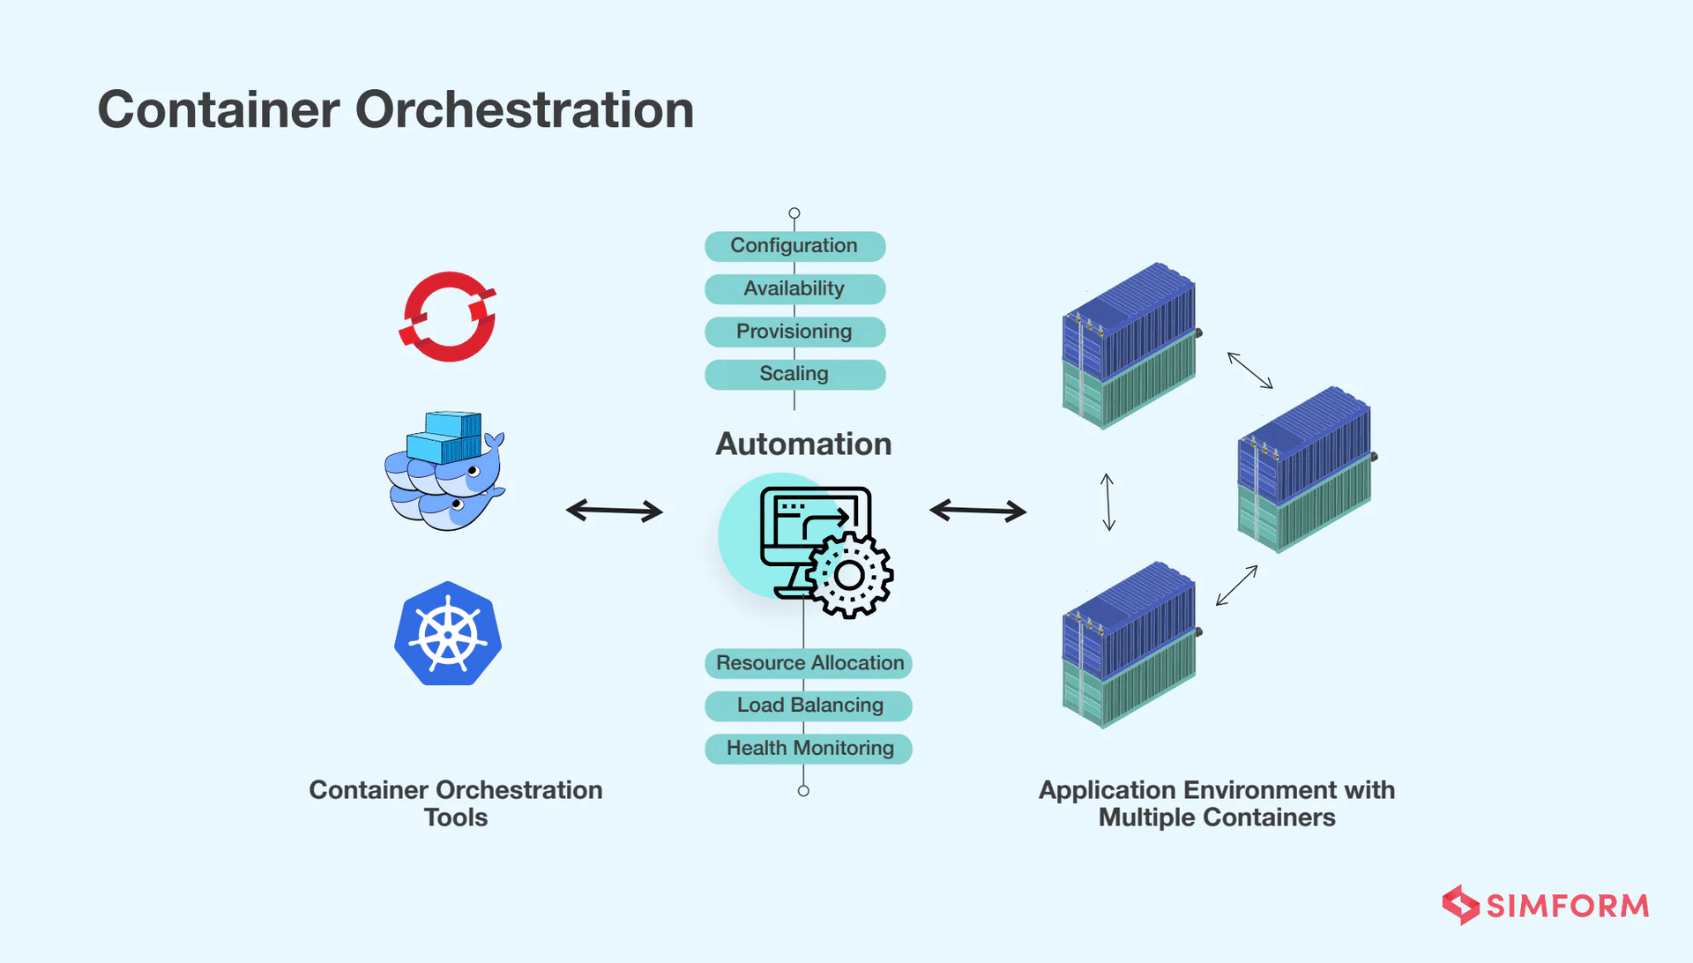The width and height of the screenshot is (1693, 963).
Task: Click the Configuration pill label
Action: (x=794, y=246)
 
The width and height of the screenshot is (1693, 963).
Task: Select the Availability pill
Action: (x=794, y=288)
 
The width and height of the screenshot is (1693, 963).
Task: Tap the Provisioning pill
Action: (x=794, y=332)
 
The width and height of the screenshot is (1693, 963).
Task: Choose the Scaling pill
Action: (x=794, y=374)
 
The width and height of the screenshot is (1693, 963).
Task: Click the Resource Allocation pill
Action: (x=809, y=663)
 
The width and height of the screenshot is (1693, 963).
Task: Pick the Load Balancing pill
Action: (x=809, y=705)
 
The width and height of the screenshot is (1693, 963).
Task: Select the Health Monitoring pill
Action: (x=809, y=749)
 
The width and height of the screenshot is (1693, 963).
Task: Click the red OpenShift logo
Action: (x=448, y=317)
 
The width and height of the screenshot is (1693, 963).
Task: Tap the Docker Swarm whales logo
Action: (x=445, y=472)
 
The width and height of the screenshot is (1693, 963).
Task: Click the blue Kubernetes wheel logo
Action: (x=448, y=634)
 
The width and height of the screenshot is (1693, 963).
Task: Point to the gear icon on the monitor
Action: (x=849, y=576)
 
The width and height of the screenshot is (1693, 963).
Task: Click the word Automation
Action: (x=803, y=444)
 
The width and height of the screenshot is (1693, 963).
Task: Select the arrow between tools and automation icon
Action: (x=615, y=511)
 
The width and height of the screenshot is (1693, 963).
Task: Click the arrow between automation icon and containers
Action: (x=978, y=511)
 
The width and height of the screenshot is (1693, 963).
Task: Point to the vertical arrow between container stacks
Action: (x=1108, y=502)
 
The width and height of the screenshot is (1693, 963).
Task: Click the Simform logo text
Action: (x=1567, y=906)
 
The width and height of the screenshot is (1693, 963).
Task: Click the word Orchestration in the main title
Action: (x=525, y=110)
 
